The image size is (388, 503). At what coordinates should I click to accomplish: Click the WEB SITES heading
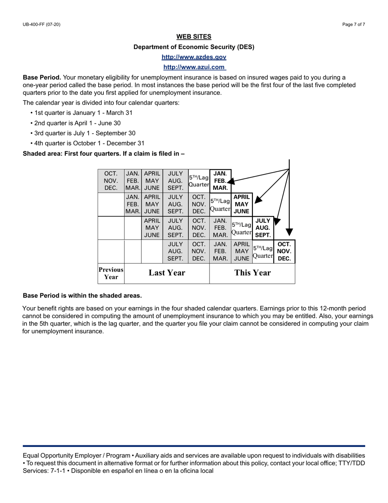coord(194,37)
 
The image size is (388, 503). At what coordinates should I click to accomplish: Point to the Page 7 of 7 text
coord(354,25)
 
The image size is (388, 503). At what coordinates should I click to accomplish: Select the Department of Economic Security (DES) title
coord(194,47)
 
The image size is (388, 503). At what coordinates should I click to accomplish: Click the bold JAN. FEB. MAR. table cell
coord(220,180)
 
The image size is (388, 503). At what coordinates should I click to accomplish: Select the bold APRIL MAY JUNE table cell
coord(241,204)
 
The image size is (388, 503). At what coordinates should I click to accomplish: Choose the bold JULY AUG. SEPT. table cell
coord(263,228)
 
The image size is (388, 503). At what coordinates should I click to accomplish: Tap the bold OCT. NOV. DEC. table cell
coord(284,251)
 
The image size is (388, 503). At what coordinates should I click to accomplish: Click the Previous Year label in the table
coord(111,273)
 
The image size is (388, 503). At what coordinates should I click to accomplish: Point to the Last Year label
coord(167,273)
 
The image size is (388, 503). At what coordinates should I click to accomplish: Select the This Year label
coord(252,273)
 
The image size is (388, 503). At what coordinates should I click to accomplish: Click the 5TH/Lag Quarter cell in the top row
coord(198,180)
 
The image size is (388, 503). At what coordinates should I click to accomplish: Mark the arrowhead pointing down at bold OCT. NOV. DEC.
coord(289,232)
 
